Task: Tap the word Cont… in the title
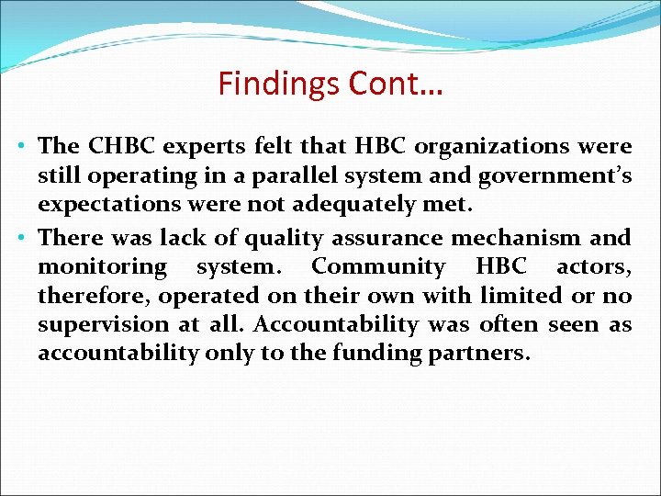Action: (394, 84)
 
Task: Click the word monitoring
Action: (102, 267)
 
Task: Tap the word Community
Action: (379, 266)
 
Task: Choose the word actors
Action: (593, 267)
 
